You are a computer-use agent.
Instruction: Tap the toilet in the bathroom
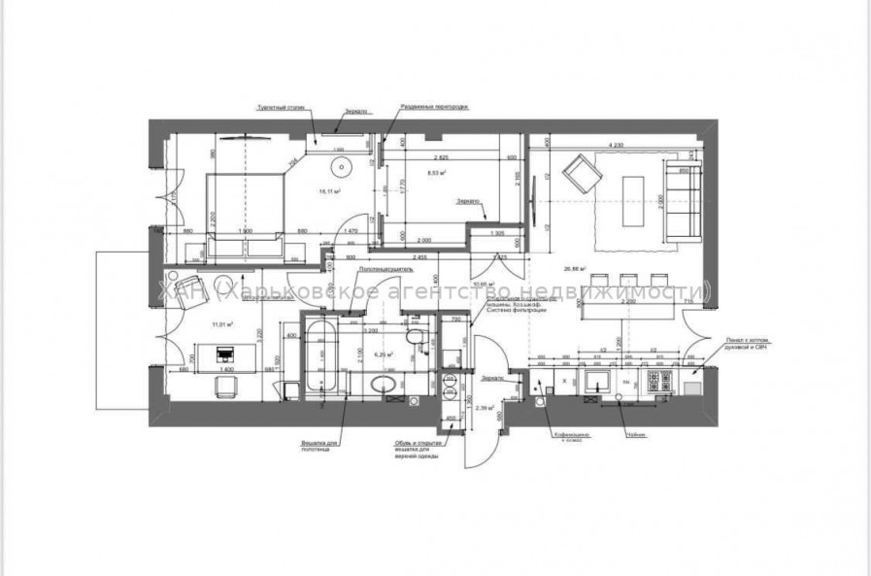[x=415, y=338]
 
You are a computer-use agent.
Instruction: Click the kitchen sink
[x=594, y=380]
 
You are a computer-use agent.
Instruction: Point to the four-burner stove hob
[x=659, y=380]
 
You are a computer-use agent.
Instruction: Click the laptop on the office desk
[x=226, y=353]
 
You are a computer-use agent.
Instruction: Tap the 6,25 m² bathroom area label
[x=387, y=356]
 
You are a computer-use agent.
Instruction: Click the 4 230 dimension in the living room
[x=616, y=146]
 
